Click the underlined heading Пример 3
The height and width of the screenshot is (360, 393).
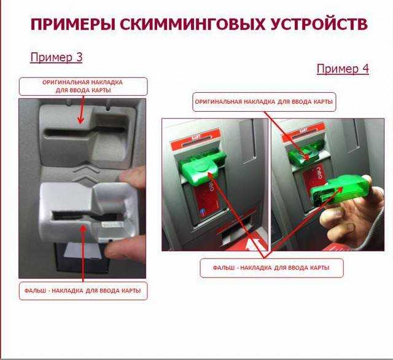point(56,57)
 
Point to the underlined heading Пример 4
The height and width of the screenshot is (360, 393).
point(343,69)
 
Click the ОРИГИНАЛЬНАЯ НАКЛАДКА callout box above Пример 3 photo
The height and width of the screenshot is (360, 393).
point(83,86)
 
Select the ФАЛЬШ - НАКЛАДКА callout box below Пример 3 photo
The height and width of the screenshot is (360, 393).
point(83,291)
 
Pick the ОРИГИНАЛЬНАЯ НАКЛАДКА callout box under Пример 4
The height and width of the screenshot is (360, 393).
point(264,102)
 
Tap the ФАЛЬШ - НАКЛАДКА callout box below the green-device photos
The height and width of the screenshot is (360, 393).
point(271,268)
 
